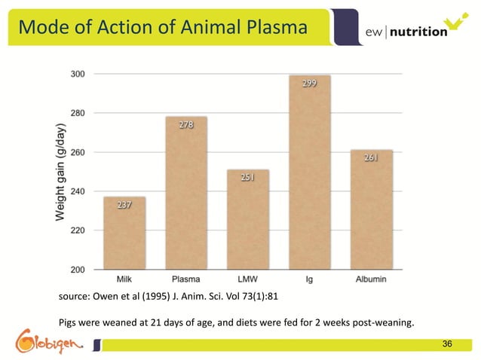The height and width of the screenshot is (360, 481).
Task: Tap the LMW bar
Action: tap(248, 219)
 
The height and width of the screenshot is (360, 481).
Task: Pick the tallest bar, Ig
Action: tap(309, 172)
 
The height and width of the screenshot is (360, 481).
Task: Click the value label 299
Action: tap(309, 84)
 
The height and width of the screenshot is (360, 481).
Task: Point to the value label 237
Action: tap(125, 205)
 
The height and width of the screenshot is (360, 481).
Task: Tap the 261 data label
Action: tap(371, 158)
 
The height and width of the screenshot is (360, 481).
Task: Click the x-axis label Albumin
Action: tap(371, 279)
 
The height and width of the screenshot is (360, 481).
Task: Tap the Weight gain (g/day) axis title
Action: tap(60, 172)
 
